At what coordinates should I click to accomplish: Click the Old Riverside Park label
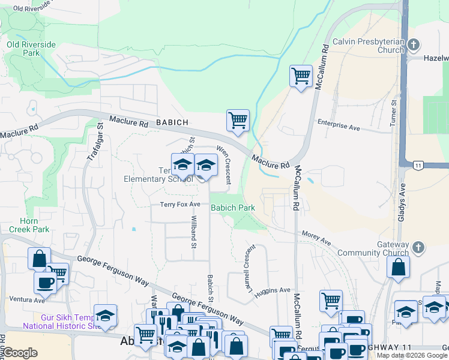[31, 49]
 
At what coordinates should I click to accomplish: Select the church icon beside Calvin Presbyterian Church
[413, 46]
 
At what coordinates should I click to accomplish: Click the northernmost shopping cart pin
[301, 76]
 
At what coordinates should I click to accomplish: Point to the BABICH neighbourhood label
[172, 122]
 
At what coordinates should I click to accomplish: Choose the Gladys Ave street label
[401, 202]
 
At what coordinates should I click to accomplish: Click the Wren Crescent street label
[224, 162]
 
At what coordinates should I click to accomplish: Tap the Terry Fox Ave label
[180, 205]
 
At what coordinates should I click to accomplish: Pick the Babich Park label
[233, 208]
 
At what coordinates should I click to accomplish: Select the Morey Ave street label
[316, 238]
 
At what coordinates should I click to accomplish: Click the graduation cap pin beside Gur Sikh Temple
[105, 316]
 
